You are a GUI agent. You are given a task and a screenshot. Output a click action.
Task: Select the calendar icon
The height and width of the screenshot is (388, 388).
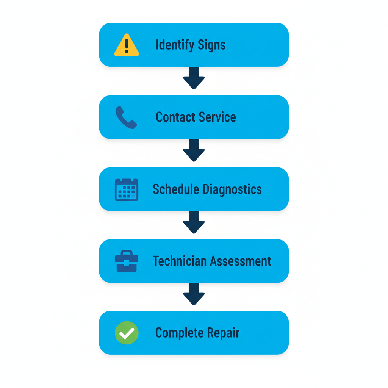coord(127,189)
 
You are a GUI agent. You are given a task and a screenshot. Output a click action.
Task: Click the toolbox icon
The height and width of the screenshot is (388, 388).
coord(127,261)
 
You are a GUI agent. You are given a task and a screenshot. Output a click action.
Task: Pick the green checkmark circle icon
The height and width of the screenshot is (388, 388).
coord(127,333)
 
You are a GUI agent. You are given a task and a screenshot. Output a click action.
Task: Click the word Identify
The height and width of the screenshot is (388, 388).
coord(171,45)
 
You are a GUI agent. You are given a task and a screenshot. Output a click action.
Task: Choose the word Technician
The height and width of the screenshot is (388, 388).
coord(180,261)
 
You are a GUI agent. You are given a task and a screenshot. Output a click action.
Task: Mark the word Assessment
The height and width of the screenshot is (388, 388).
coord(241,261)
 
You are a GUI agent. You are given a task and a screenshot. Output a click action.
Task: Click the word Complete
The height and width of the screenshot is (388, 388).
coord(174,333)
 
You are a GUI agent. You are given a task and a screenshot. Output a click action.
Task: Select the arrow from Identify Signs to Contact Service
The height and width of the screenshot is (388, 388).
coord(194,78)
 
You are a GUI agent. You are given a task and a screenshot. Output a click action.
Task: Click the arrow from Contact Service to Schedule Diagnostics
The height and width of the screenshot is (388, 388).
coord(194,150)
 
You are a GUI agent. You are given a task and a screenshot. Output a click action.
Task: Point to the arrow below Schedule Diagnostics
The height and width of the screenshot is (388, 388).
coord(194,222)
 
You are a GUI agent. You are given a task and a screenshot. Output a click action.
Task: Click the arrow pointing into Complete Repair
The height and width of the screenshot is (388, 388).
coord(194,294)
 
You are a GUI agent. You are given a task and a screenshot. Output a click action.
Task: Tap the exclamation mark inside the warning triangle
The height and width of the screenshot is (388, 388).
coord(127,46)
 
